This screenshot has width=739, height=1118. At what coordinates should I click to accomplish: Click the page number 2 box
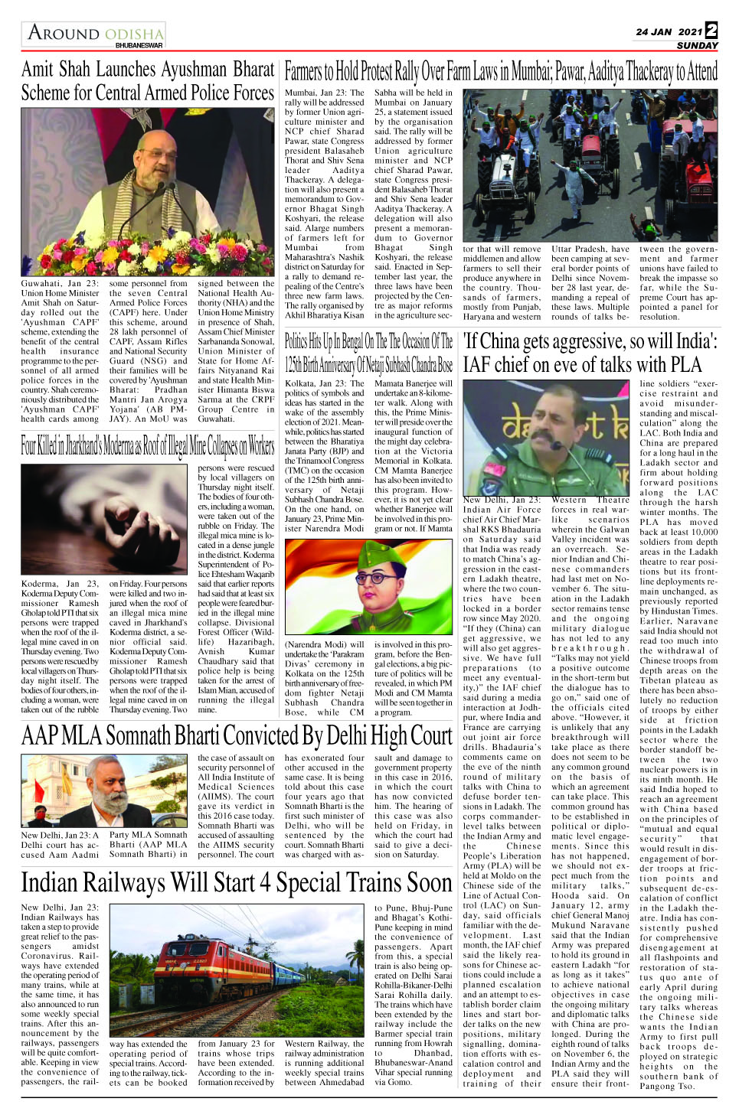point(711,30)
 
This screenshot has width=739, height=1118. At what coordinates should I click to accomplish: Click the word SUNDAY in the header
point(697,45)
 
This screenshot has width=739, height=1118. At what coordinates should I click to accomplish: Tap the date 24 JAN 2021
point(669,32)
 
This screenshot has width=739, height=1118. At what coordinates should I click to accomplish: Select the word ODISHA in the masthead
point(134,34)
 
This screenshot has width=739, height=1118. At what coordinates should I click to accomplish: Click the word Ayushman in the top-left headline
point(193,70)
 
